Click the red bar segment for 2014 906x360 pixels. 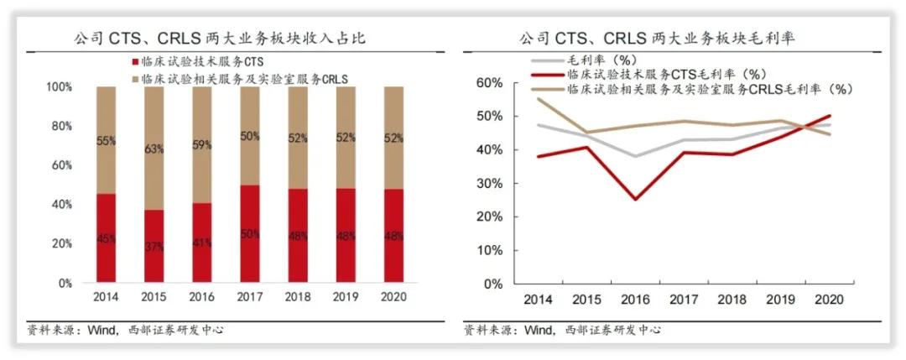(106, 239)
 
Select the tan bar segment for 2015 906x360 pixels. (154, 148)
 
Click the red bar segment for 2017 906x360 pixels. (250, 234)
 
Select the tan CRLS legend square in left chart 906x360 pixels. (135, 77)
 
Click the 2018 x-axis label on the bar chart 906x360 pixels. (298, 297)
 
